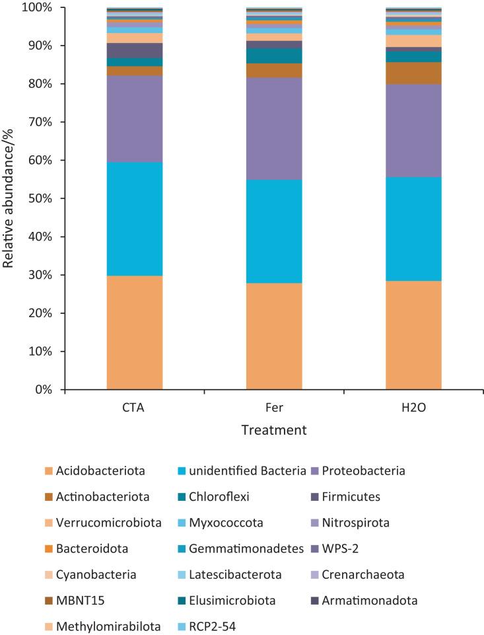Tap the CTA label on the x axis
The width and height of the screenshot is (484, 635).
[135, 407]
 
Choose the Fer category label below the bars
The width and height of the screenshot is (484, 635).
[274, 407]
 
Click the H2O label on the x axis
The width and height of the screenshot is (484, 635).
[413, 407]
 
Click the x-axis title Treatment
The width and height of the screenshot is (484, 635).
[274, 430]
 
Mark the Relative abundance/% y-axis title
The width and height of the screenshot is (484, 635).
[9, 198]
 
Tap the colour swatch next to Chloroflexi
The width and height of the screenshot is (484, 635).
[182, 497]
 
